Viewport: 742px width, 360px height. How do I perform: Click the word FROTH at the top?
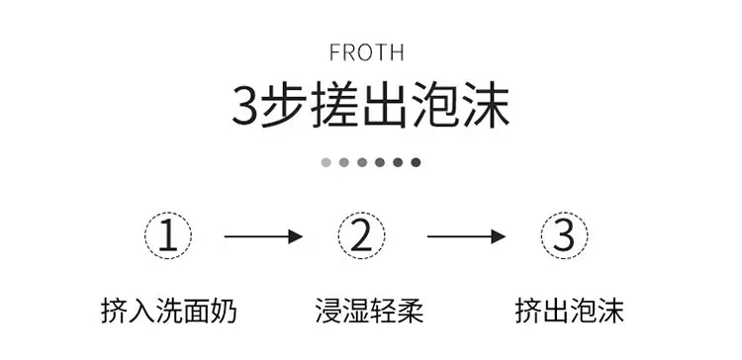coord(367,52)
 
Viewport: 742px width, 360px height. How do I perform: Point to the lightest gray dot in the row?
coord(326,163)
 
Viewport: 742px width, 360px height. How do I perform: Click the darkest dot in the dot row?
coord(416,163)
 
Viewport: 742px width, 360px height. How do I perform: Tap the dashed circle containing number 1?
coord(168,213)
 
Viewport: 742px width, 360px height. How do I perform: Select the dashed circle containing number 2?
coord(361,213)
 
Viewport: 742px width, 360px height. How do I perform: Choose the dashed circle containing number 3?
coord(565,213)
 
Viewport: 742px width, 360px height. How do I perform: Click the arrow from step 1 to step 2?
coord(263,236)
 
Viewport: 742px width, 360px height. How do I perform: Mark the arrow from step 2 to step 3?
coord(467,236)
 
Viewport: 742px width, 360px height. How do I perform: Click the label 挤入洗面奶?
coord(169,311)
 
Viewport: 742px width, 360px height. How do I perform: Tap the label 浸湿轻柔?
coord(370,311)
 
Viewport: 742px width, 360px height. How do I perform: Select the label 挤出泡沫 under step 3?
coord(569,311)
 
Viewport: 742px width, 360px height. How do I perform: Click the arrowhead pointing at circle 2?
coord(296,236)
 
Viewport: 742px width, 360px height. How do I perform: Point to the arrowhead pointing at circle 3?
coord(499,236)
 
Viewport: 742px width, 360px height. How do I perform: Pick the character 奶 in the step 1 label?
coord(224,311)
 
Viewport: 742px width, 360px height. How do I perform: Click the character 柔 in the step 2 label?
coord(411,311)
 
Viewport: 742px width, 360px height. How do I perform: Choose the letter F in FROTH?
coord(334,52)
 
